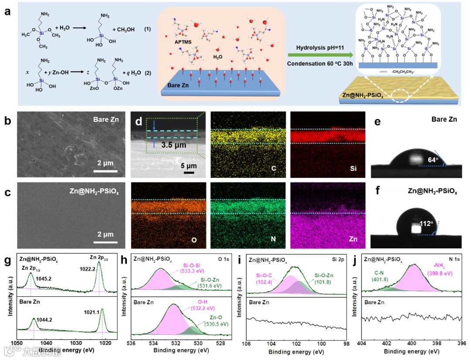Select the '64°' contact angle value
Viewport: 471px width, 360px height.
pos(432,160)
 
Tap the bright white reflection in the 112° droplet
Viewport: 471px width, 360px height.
pos(413,228)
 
